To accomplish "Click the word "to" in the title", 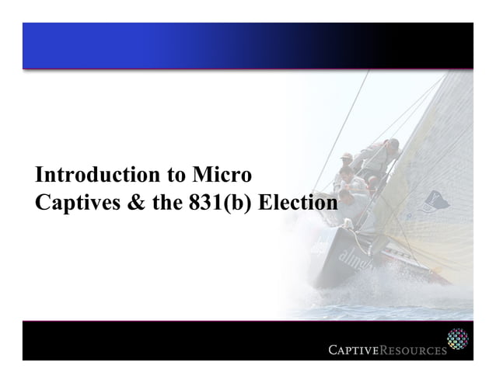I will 168,174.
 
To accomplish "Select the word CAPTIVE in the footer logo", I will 355,350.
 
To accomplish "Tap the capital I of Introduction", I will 38,174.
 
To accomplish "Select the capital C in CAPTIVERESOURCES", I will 333,350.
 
